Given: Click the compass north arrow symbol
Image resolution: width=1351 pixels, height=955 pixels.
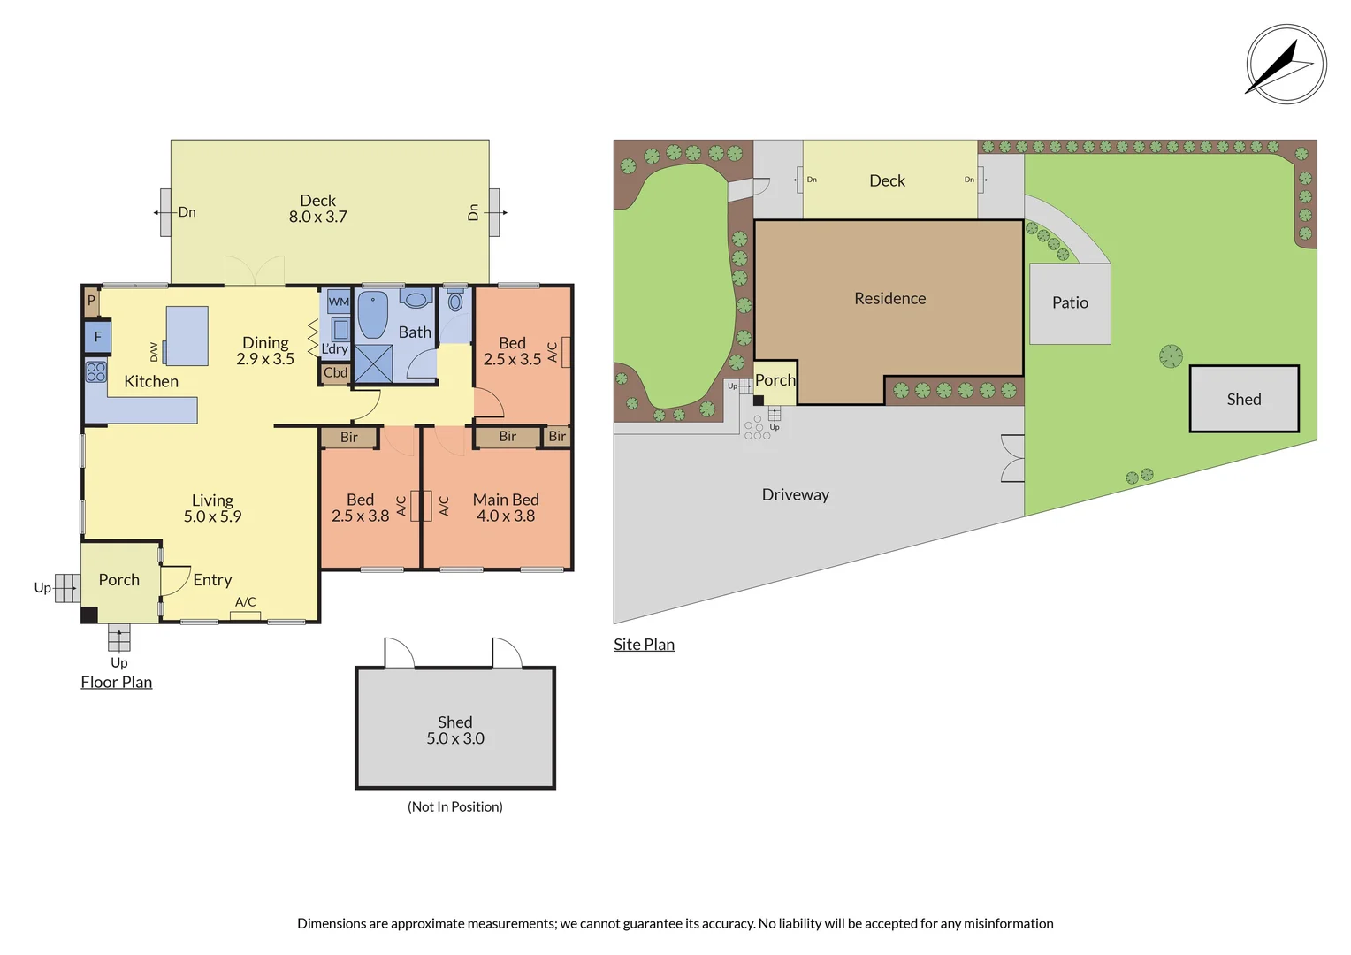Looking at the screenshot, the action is coord(1286,64).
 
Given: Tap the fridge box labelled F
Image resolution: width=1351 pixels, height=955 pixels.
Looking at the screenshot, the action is coord(98,337).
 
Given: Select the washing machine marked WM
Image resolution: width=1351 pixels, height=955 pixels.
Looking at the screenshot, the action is coord(339,301).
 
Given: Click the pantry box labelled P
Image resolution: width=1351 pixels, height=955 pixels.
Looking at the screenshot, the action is coord(91,301).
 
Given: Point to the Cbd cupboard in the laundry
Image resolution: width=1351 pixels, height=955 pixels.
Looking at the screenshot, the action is coord(335,373).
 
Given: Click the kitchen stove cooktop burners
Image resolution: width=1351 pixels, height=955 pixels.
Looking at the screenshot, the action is coord(95,371).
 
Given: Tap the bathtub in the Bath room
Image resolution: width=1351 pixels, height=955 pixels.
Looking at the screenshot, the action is coord(373,316).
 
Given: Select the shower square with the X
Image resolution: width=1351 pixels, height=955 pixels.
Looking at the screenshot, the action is coord(373,363).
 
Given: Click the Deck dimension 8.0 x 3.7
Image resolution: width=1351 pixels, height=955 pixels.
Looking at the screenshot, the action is coord(317,217).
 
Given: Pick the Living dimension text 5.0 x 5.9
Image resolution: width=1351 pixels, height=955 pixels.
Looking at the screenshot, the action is coord(212,516).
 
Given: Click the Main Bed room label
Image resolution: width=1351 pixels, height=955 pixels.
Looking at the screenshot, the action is coord(506,500).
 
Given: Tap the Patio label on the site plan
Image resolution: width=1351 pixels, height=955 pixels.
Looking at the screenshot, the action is coord(1070,302).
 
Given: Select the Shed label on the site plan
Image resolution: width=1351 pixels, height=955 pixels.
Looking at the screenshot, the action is coord(1244,399).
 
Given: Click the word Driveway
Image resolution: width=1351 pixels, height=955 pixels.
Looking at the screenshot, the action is coord(795,494).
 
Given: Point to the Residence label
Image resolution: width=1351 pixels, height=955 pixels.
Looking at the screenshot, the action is coord(889,298).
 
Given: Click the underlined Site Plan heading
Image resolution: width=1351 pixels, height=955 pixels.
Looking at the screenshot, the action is coord(645,645).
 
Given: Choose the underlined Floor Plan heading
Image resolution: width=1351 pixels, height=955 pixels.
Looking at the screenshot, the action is coord(117,682).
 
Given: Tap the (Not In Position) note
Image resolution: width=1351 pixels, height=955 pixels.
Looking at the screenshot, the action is coord(454,806).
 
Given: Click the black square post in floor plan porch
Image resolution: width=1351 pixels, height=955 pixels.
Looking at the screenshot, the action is coord(89,615).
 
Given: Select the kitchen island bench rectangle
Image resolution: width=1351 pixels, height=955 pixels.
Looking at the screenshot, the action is coord(187,336).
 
